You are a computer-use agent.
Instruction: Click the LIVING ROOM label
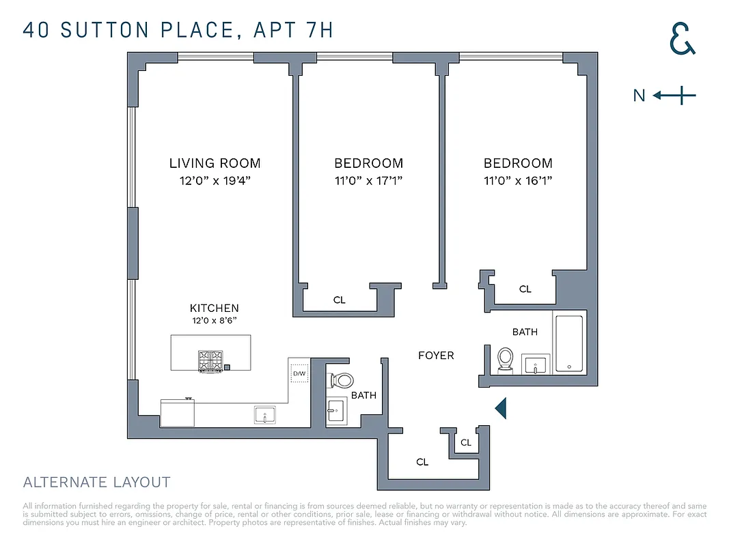coord(215,163)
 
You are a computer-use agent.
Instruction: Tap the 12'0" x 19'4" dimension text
coord(215,181)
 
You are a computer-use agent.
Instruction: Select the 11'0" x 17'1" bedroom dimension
coord(368,181)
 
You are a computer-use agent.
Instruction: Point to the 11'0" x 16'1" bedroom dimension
coord(518,181)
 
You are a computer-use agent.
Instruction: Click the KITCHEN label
coord(215,308)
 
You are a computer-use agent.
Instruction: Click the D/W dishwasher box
coord(299,374)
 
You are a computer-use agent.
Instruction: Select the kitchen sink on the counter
coord(264,414)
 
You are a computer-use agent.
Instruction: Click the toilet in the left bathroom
coord(341,380)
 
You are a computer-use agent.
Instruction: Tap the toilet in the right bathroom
coord(506,359)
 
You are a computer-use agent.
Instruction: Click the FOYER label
coord(436,356)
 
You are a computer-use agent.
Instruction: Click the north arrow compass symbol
coord(674,96)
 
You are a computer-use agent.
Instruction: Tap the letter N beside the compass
coord(639,96)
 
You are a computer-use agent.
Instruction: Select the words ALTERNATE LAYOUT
coord(96,483)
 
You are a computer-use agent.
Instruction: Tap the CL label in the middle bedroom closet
coord(340,300)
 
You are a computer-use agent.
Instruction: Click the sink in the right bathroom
coord(534,364)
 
